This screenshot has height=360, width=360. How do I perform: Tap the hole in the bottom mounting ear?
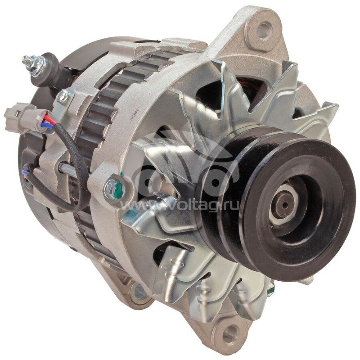[230, 334]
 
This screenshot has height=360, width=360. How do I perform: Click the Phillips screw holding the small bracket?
[63, 96]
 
